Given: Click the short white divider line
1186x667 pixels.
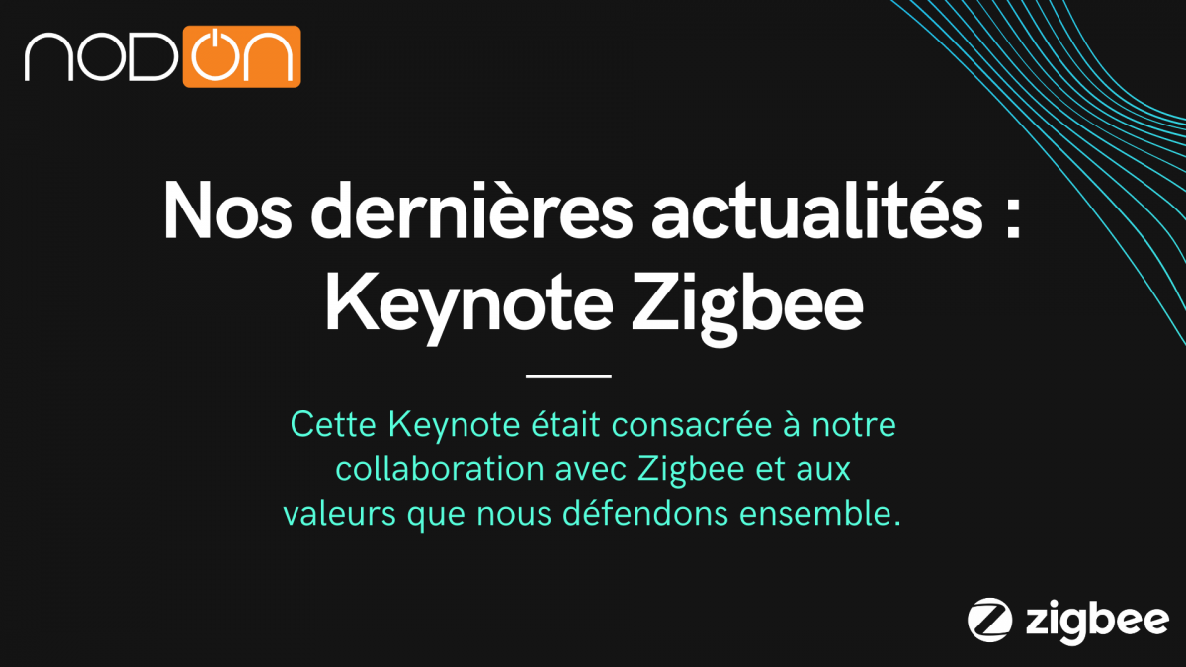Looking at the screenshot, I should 568,376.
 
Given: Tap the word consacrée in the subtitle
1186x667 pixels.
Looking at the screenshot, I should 703,426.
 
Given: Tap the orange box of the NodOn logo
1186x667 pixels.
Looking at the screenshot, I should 241,56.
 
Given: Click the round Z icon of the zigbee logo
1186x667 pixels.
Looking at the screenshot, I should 989,620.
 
